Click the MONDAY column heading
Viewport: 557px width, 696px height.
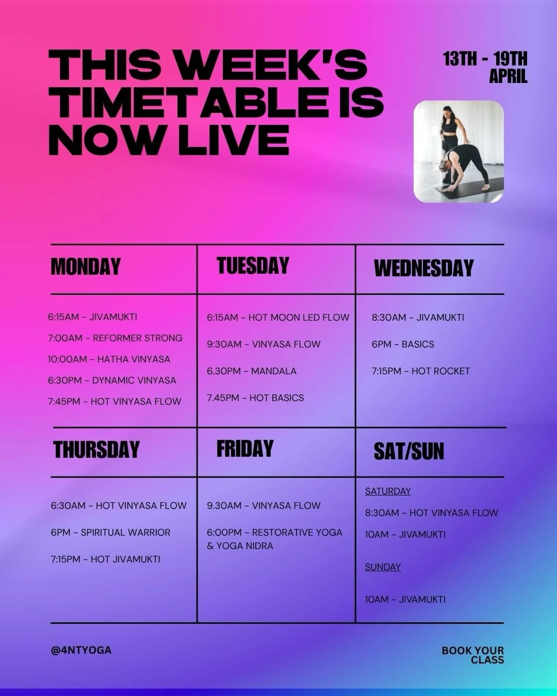pyautogui.click(x=85, y=267)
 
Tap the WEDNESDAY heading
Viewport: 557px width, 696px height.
pyautogui.click(x=423, y=268)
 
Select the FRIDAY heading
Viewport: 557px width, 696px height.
pyautogui.click(x=245, y=449)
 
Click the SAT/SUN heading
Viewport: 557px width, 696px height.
pyautogui.click(x=408, y=451)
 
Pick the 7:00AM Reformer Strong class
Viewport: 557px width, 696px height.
pyautogui.click(x=115, y=338)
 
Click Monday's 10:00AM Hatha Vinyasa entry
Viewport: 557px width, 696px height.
pyautogui.click(x=109, y=359)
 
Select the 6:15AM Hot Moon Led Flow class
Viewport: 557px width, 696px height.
pyautogui.click(x=278, y=317)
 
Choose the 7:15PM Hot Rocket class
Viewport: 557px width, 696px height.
pyautogui.click(x=420, y=371)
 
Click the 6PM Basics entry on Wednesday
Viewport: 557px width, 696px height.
pyautogui.click(x=402, y=344)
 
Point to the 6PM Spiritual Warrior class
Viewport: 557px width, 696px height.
pyautogui.click(x=110, y=532)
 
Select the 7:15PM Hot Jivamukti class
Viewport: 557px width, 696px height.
pyautogui.click(x=105, y=559)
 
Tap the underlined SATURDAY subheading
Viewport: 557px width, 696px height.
pyautogui.click(x=387, y=491)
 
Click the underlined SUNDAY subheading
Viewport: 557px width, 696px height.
pyautogui.click(x=382, y=567)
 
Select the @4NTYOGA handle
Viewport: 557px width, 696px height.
pyautogui.click(x=81, y=650)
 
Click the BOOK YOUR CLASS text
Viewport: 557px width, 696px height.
pyautogui.click(x=473, y=655)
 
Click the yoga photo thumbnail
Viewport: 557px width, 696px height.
pyautogui.click(x=458, y=152)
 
